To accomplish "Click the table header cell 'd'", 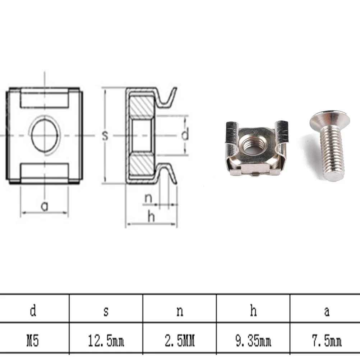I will pos(33,311).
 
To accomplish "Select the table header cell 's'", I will pos(106,311).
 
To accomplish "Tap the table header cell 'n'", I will pos(180,311).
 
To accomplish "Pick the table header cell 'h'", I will pos(253,311).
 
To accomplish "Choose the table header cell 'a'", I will pos(327,311).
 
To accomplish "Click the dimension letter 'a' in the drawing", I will pos(44,206).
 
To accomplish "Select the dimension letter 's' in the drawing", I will pos(105,135).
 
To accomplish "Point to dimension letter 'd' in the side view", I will pos(185,135).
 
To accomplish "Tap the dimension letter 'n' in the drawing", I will pos(148,198).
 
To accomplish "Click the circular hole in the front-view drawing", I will pos(45,135).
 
